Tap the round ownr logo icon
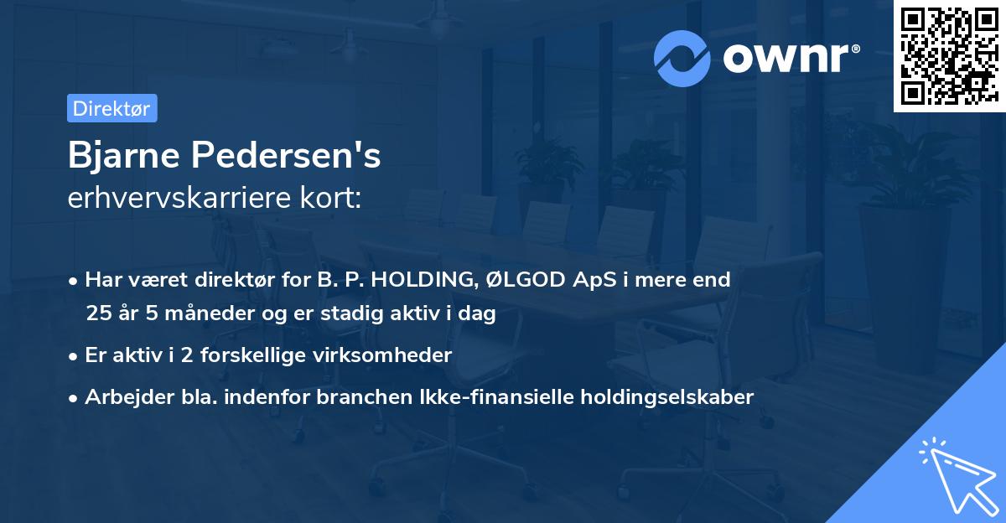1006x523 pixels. pos(682,58)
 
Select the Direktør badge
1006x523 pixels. pos(111,108)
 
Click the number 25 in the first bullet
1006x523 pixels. pos(97,314)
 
